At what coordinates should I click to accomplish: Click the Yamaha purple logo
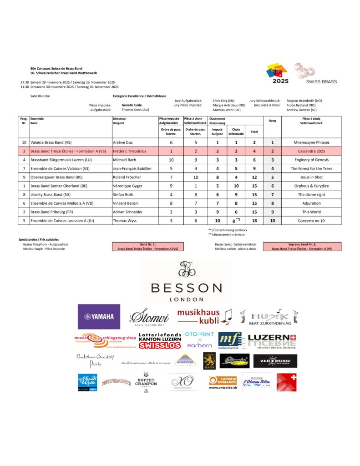(x=99, y=316)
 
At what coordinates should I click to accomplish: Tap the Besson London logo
(x=186, y=282)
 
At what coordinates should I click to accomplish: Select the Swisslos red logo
(x=160, y=345)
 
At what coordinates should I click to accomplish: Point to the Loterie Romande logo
(x=223, y=381)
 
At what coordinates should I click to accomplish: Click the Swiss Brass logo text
(x=321, y=81)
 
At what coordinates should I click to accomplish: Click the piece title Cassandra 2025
(x=311, y=151)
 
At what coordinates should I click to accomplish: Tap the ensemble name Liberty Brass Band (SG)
(x=54, y=194)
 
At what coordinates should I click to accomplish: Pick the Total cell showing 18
(x=254, y=221)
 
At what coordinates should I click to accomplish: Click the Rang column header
(x=272, y=121)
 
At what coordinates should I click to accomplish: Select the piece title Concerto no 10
(x=311, y=221)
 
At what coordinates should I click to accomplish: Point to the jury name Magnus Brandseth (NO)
(x=304, y=101)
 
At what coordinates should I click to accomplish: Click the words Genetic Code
(x=132, y=105)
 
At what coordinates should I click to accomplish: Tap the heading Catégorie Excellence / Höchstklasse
(x=139, y=96)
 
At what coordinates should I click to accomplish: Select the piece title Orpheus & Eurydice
(x=311, y=186)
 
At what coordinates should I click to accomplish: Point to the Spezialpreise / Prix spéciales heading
(x=39, y=239)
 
